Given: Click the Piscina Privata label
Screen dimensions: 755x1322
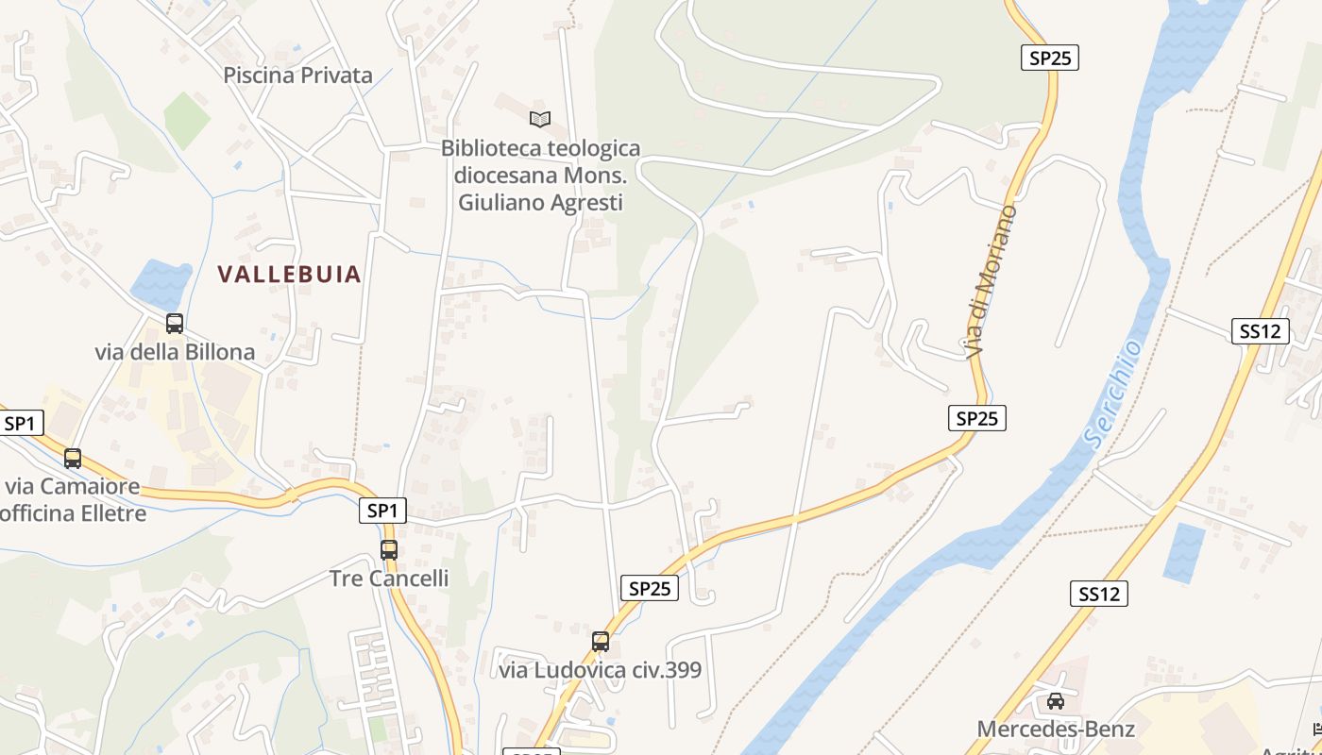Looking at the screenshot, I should click(x=298, y=75).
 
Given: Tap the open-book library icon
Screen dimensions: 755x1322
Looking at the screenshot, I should click(x=540, y=119).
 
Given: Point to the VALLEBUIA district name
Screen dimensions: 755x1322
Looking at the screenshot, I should click(x=290, y=275).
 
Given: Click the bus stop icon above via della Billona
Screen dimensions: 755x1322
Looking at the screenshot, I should click(x=175, y=324).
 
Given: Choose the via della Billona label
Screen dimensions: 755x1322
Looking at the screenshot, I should click(x=175, y=352).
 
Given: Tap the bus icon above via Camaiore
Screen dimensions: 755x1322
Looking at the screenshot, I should click(x=73, y=459).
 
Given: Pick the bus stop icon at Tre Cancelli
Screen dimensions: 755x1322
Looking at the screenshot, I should click(x=389, y=549).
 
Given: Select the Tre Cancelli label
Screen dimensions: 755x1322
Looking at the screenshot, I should click(x=389, y=578).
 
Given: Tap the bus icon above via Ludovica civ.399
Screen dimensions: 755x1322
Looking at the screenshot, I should click(x=601, y=642).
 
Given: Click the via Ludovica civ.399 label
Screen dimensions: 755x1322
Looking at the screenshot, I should click(x=601, y=670).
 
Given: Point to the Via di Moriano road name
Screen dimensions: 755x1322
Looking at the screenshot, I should click(x=991, y=281).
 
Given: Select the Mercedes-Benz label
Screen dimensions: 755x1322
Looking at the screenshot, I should click(x=1056, y=729).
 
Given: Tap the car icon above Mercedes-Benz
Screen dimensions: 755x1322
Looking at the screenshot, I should click(x=1056, y=701).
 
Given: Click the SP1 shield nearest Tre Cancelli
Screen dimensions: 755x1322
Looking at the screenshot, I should click(x=382, y=511).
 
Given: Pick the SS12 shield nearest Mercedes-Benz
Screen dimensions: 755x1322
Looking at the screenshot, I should click(x=1099, y=594).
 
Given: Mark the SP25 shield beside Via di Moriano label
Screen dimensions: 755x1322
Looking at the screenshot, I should click(x=977, y=418).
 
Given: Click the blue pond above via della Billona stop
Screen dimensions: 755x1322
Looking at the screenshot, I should click(x=161, y=282).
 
